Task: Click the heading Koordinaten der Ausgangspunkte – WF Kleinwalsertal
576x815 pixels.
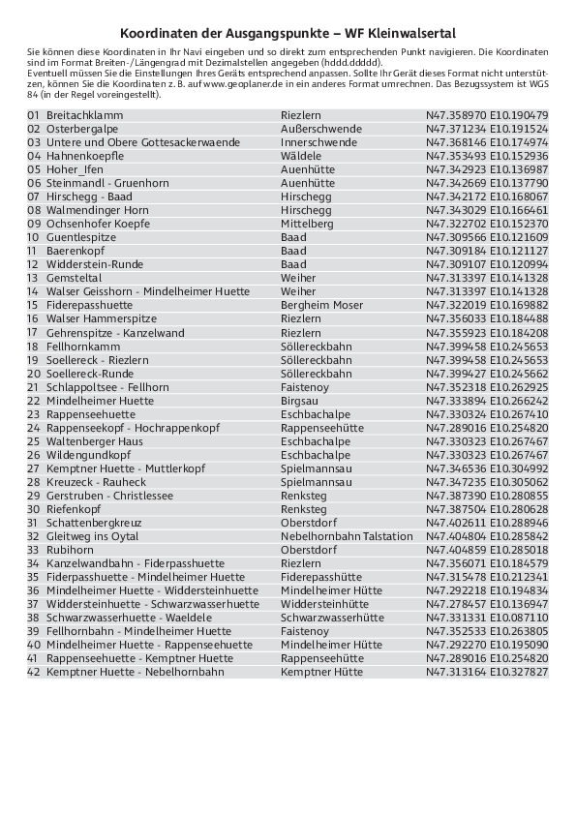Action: point(288,32)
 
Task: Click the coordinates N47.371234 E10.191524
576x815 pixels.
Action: point(487,129)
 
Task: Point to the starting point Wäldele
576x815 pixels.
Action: point(301,156)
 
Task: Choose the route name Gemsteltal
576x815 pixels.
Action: point(74,278)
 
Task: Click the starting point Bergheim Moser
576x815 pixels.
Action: point(322,305)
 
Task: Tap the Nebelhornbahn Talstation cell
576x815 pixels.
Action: point(347,536)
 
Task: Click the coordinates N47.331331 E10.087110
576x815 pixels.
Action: point(487,618)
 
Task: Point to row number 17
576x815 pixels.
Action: point(33,333)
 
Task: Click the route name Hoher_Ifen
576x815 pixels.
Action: point(75,169)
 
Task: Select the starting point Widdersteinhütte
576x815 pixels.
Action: point(324,604)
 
